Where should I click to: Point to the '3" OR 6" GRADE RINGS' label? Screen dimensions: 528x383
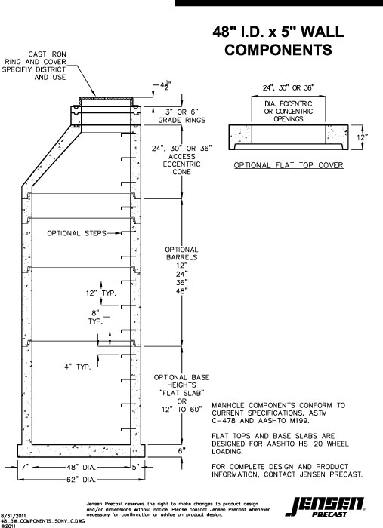tap(181, 116)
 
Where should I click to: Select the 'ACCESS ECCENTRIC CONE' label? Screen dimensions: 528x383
tap(181, 160)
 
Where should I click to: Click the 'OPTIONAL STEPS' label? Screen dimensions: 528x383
tap(75, 233)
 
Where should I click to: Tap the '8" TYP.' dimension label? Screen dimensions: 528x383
tap(95, 317)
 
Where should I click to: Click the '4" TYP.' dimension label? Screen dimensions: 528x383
tap(75, 367)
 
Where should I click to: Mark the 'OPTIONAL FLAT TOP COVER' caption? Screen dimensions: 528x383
tap(288, 164)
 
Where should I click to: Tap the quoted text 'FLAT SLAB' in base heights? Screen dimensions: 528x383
tap(181, 393)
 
